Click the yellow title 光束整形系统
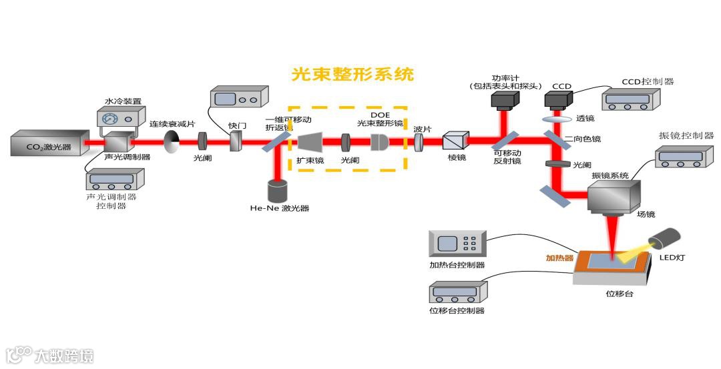pyautogui.click(x=352, y=74)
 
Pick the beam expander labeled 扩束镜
pyautogui.click(x=310, y=141)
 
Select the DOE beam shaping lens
pyautogui.click(x=380, y=141)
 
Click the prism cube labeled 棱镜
pyautogui.click(x=457, y=141)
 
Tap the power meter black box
pyautogui.click(x=504, y=100)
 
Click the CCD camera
pyautogui.click(x=557, y=100)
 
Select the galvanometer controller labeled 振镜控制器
pyautogui.click(x=682, y=156)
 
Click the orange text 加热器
pyautogui.click(x=559, y=256)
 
